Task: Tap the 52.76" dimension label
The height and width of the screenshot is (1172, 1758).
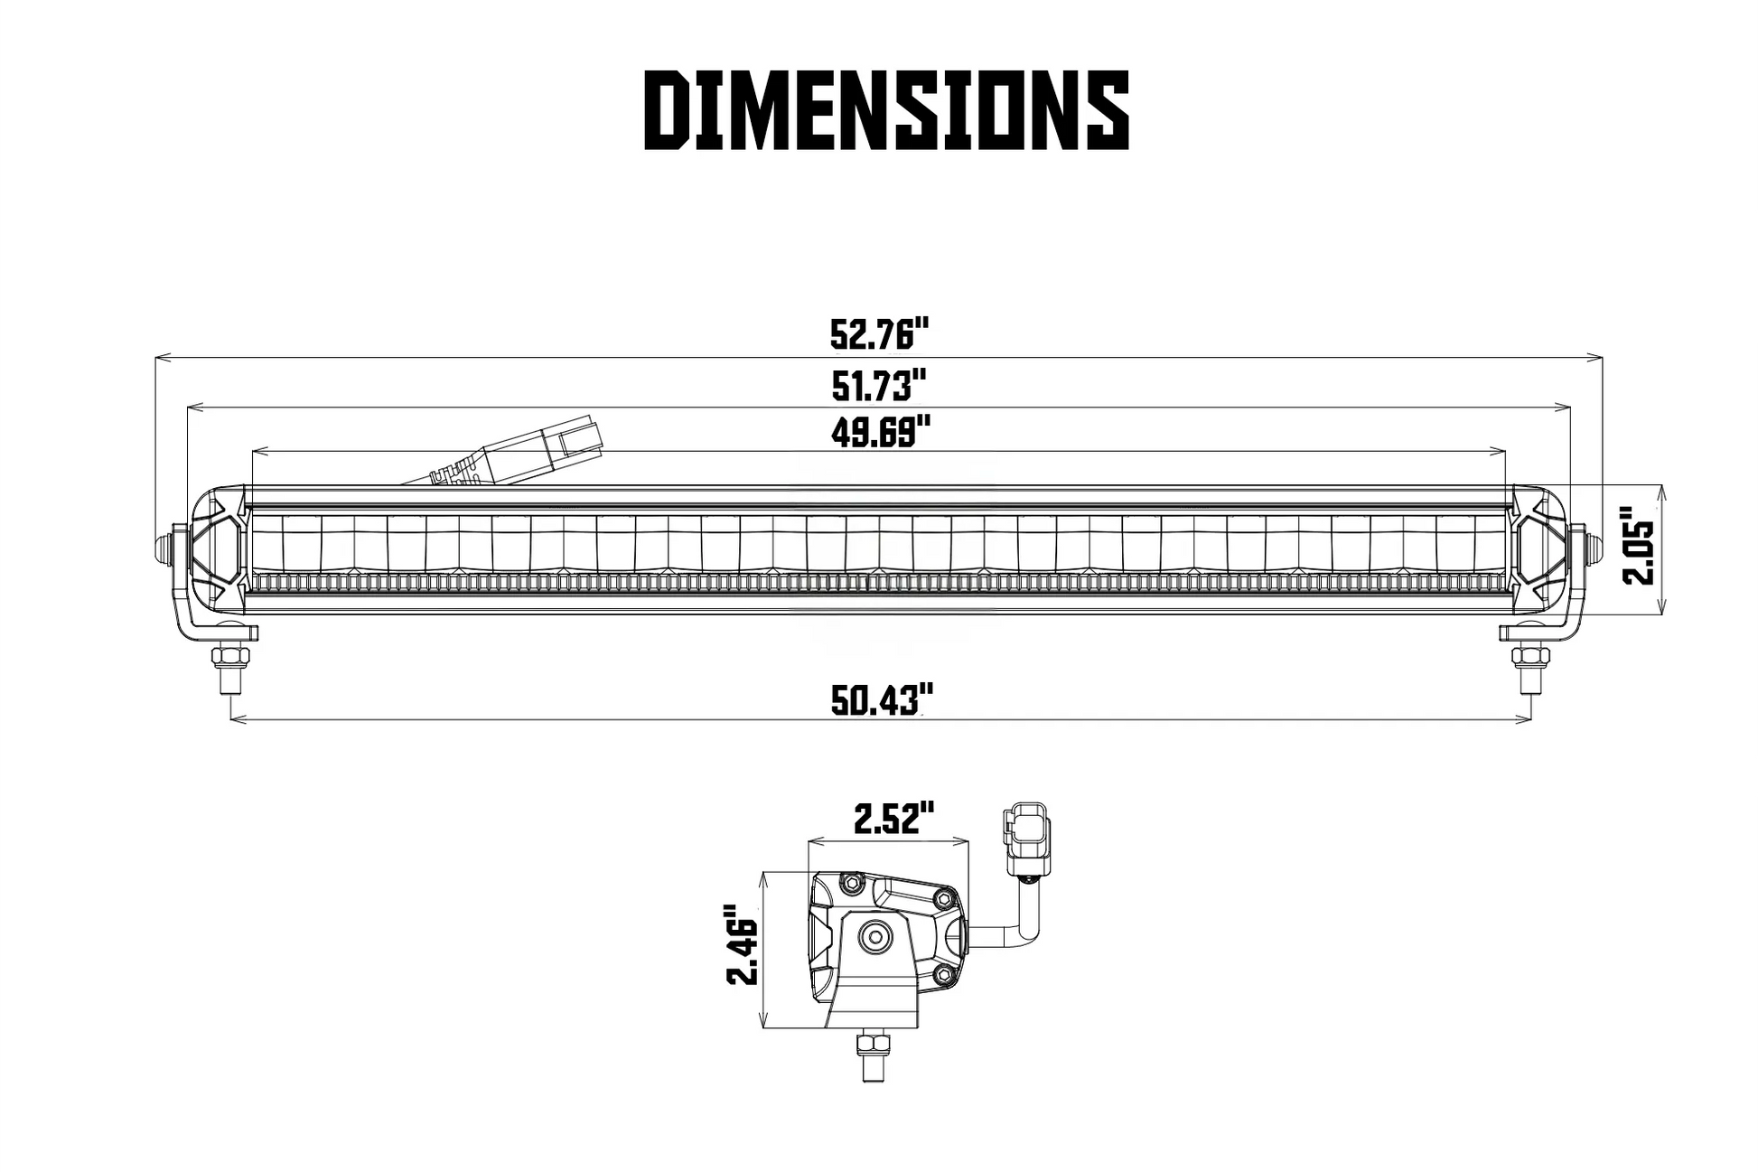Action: point(879,334)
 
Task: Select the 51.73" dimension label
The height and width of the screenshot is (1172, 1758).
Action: point(879,386)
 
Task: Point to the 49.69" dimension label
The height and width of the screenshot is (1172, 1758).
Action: point(880,431)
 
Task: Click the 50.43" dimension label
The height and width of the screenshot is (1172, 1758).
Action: point(881,700)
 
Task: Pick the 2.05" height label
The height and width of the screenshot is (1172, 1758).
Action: point(1637,551)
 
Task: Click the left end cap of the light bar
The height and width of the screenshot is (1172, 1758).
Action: point(215,548)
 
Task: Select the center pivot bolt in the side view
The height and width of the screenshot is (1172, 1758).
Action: point(874,938)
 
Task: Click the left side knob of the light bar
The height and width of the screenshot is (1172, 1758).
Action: point(165,547)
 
